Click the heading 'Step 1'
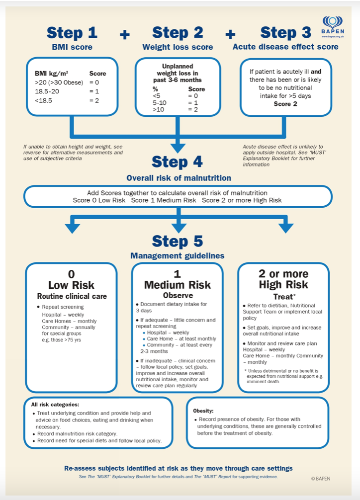coord(72,33)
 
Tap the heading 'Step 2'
coord(178,33)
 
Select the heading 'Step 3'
coord(285,33)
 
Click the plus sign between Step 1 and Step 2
coord(125,34)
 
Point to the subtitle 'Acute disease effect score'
coord(285,47)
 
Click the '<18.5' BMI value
coord(43,100)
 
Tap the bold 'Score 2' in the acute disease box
coord(285,104)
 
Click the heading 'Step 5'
coord(178,242)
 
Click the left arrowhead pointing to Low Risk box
coord(73,228)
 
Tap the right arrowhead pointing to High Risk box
coord(285,228)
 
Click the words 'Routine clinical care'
coord(71,297)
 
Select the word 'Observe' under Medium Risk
coord(178,295)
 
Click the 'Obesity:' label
coord(204,411)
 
